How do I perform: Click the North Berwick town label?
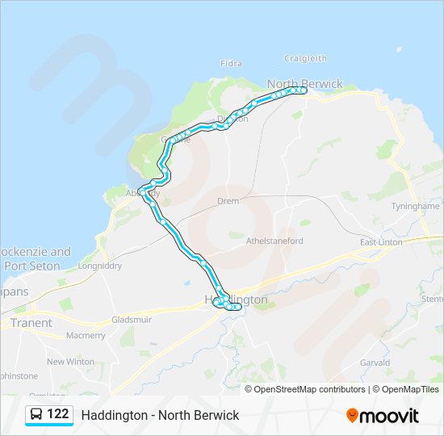[304, 84]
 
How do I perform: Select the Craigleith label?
[305, 58]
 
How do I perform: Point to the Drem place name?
[228, 201]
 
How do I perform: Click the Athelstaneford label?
[274, 241]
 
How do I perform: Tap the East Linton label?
[380, 243]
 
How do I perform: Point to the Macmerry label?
[86, 335]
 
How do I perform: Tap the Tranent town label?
[31, 323]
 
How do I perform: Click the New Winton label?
[70, 362]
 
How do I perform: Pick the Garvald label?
[375, 363]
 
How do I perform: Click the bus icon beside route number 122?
[37, 414]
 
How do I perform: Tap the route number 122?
[58, 414]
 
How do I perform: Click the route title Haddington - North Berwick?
[160, 415]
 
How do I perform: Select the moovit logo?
[383, 415]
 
